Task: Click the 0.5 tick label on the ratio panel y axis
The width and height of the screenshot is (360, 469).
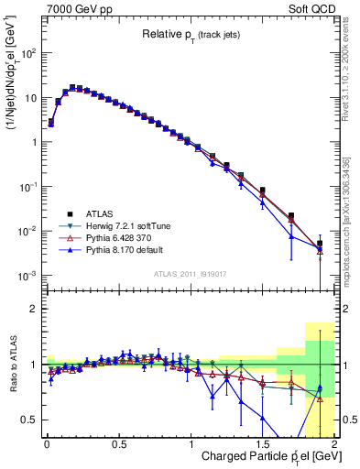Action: [x=30, y=420]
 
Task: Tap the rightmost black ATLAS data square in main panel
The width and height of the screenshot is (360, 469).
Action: [x=320, y=244]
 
